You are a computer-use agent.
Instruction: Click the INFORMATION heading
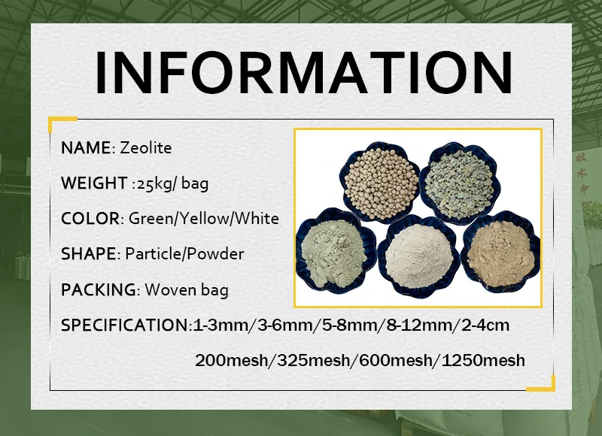tap(303, 72)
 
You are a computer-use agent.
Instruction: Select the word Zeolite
tap(145, 147)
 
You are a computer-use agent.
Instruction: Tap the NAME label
tap(86, 147)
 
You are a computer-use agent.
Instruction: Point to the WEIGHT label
tap(94, 183)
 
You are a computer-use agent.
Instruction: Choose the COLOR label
tap(90, 219)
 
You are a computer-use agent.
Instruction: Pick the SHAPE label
tap(88, 254)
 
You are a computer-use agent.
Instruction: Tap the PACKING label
tap(99, 289)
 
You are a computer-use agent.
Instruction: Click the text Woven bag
tap(187, 290)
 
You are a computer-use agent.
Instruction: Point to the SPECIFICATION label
tap(124, 325)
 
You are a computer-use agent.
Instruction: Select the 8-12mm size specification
tap(419, 325)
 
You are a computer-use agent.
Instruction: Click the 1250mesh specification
tap(483, 361)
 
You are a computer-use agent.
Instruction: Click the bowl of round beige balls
tap(379, 182)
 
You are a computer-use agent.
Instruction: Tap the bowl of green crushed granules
tap(459, 183)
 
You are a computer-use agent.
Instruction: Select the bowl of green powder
tap(335, 251)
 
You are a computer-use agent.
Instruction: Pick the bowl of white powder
tap(418, 255)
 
